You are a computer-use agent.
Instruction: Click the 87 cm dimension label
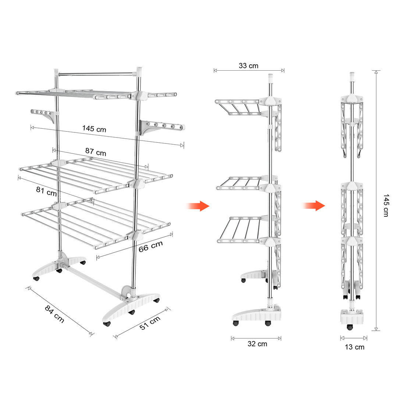96,152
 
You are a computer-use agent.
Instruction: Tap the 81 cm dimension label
46,191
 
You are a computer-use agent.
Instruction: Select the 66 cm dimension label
150,246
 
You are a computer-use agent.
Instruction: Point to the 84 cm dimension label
54,314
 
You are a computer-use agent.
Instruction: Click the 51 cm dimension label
150,323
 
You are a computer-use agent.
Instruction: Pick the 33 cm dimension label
249,66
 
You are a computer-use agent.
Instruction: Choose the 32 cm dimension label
257,344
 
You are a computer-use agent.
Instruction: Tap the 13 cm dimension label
354,347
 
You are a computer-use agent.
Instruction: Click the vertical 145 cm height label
386,205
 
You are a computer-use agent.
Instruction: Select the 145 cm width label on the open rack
94,129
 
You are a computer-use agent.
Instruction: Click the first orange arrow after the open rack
198,206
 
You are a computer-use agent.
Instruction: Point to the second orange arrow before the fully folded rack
313,206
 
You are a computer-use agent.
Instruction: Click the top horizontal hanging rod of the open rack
97,74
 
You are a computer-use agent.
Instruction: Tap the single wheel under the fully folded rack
349,327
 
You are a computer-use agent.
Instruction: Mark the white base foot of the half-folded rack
256,315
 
